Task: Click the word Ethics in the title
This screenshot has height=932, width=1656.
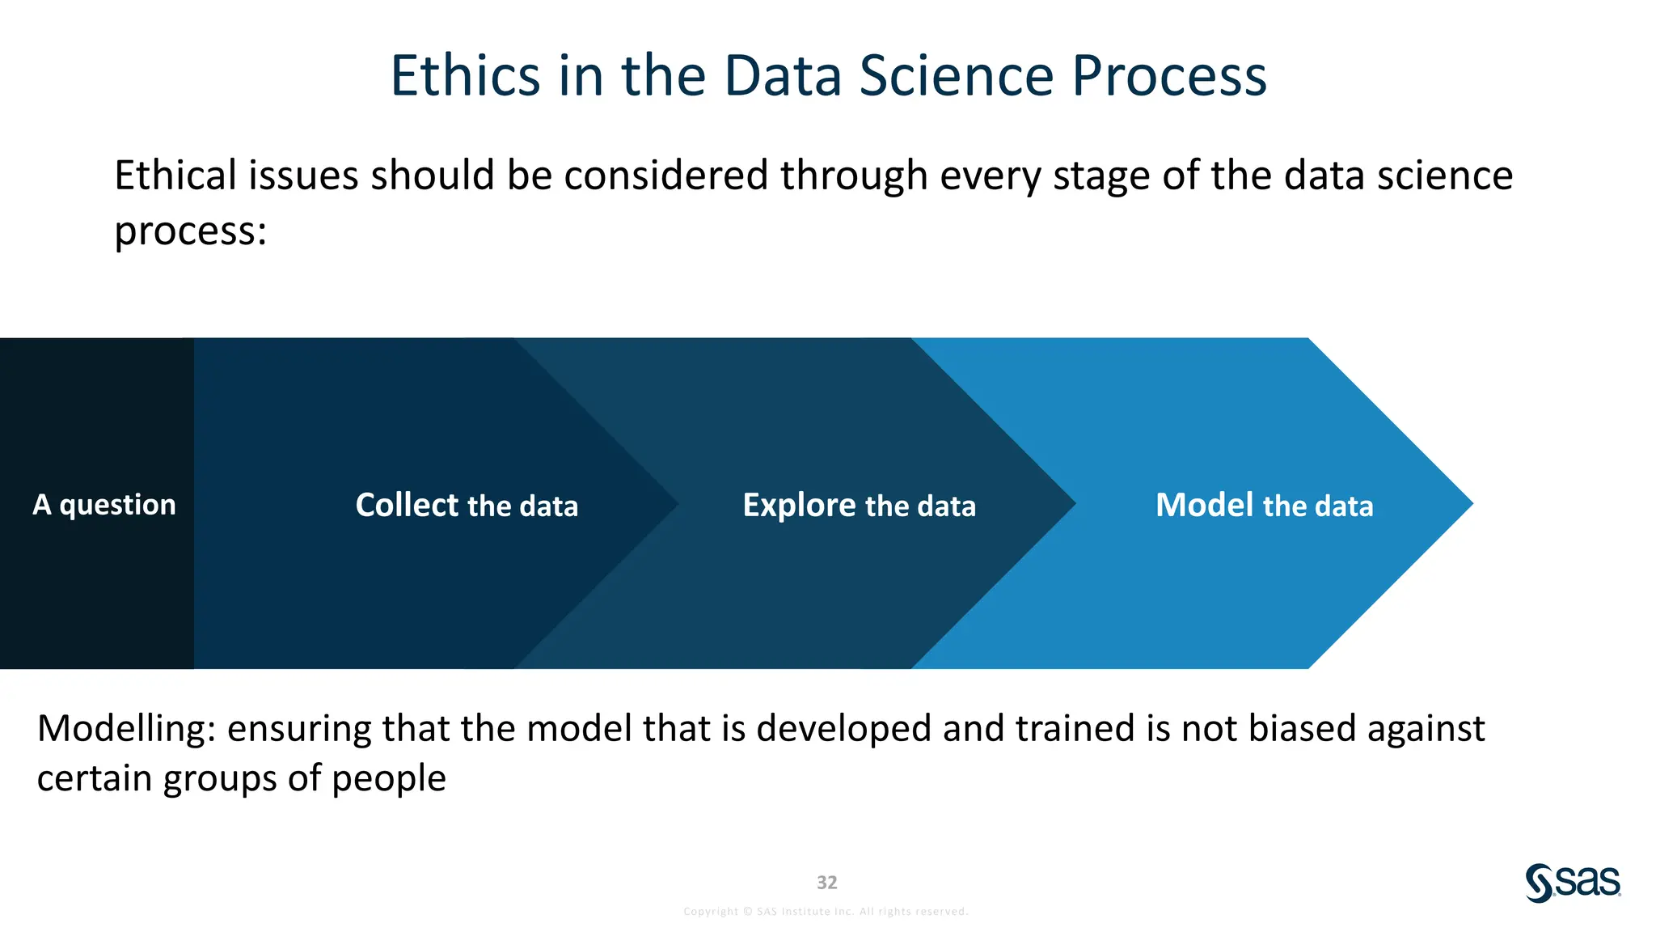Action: (464, 76)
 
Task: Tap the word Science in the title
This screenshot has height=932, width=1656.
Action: (956, 76)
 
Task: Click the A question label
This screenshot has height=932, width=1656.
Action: (103, 504)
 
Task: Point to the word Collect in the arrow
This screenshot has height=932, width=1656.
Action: (407, 505)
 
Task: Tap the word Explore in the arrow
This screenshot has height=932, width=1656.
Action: (799, 505)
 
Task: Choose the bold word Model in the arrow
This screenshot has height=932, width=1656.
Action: (1204, 505)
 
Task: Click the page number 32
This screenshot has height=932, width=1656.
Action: (826, 882)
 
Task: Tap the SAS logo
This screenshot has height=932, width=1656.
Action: (1572, 883)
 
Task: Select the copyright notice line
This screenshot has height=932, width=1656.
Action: (826, 912)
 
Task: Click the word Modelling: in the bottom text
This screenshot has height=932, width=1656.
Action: (126, 728)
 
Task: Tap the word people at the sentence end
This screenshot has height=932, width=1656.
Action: (388, 778)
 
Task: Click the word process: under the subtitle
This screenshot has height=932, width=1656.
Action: (190, 231)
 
